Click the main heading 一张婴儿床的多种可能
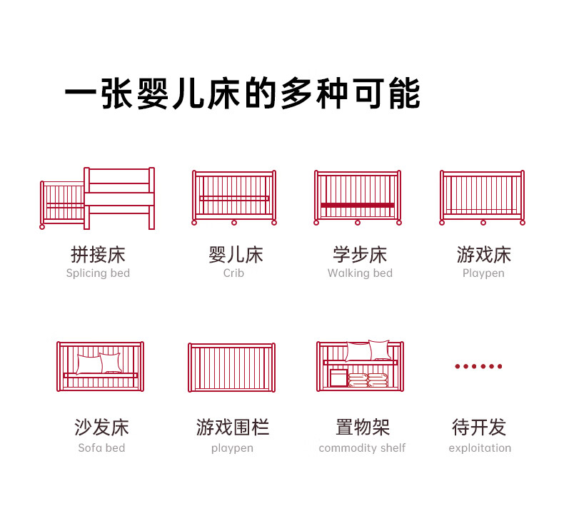(x=243, y=93)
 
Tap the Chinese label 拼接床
(x=98, y=255)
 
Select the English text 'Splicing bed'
(x=98, y=273)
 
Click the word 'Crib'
(x=233, y=273)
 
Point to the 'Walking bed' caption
(x=360, y=273)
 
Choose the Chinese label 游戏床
(x=484, y=255)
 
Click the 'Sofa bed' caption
(x=101, y=448)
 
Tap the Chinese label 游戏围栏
(x=233, y=428)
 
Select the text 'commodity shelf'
(x=362, y=448)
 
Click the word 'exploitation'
(x=480, y=448)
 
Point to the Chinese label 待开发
(x=479, y=428)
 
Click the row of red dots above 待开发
(x=478, y=366)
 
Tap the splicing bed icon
(x=97, y=198)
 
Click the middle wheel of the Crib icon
(x=234, y=223)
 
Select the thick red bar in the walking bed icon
(x=358, y=206)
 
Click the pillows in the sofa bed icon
(x=99, y=363)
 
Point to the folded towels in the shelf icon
(x=368, y=380)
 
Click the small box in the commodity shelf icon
(x=338, y=378)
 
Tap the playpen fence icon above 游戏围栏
(x=231, y=368)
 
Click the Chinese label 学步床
(x=360, y=255)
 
